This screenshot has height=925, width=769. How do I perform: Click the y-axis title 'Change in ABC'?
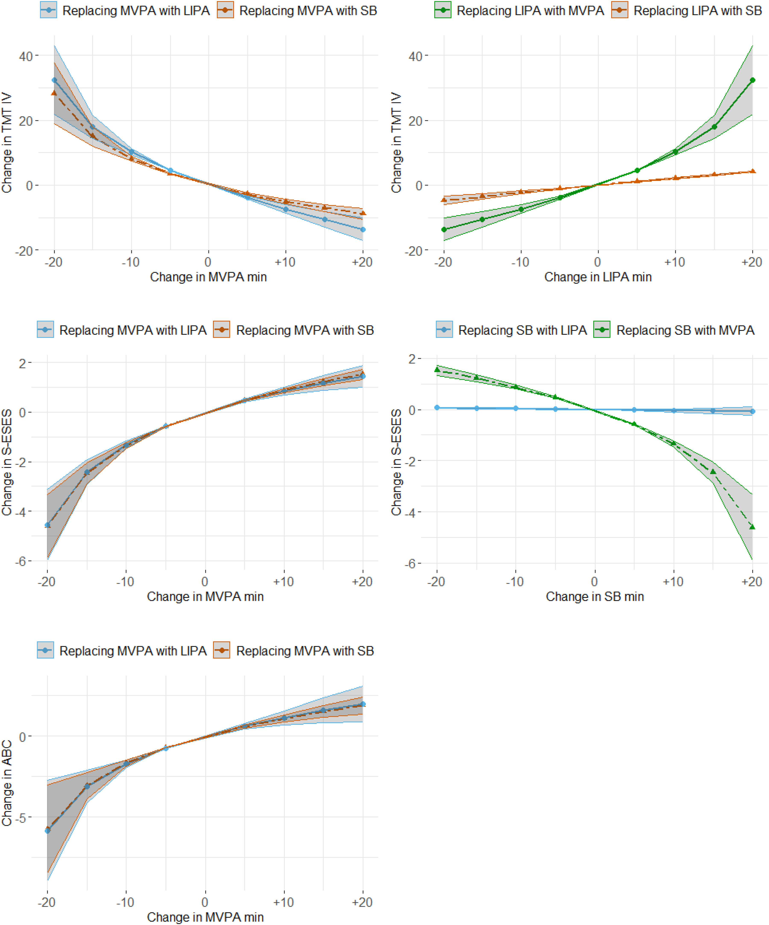point(7,783)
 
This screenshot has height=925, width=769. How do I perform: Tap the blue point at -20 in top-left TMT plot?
point(54,80)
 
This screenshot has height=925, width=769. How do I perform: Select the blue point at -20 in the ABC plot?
point(48,830)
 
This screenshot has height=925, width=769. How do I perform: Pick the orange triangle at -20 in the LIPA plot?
point(444,200)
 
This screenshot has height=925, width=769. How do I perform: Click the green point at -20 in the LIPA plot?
point(444,229)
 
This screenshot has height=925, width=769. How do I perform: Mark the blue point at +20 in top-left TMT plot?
point(363,229)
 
